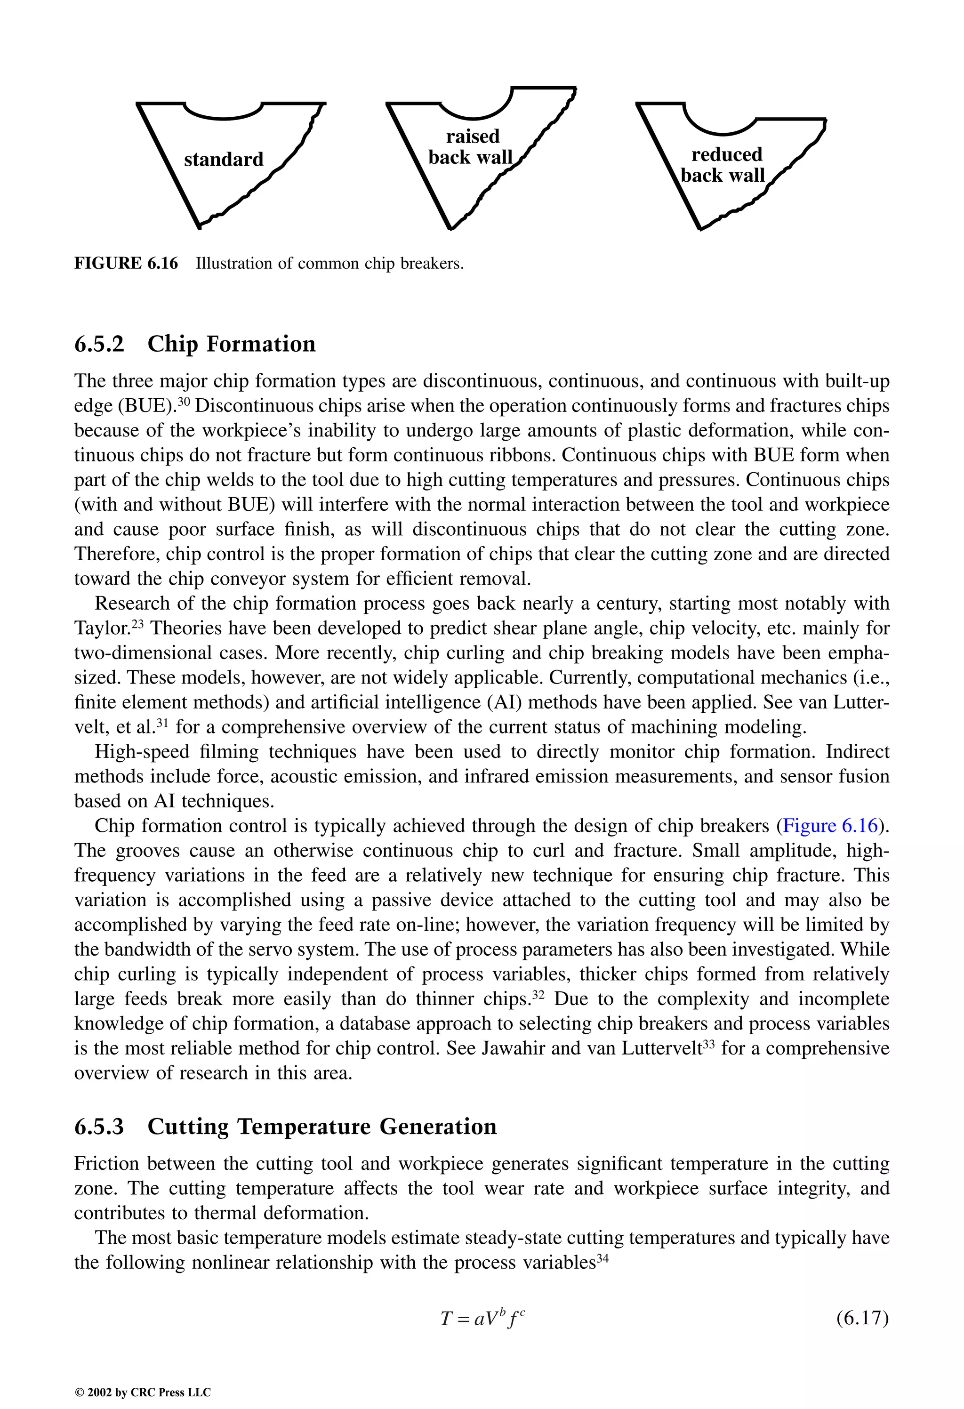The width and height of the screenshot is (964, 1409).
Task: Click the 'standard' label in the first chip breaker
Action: pyautogui.click(x=224, y=160)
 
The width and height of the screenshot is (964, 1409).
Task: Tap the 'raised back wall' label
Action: pyautogui.click(x=471, y=147)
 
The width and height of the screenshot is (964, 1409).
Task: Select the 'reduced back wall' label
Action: pyautogui.click(x=723, y=165)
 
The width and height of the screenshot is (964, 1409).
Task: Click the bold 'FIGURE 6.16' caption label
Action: pyautogui.click(x=126, y=264)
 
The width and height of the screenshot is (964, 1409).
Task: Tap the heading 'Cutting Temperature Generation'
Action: pyautogui.click(x=321, y=1127)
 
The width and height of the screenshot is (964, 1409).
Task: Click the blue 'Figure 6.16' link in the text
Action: pyautogui.click(x=830, y=826)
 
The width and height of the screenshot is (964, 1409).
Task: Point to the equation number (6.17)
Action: pyautogui.click(x=862, y=1319)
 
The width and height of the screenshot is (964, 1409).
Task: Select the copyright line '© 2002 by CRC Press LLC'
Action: pyautogui.click(x=143, y=1393)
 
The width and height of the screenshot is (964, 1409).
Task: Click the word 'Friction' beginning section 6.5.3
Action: pyautogui.click(x=106, y=1163)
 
